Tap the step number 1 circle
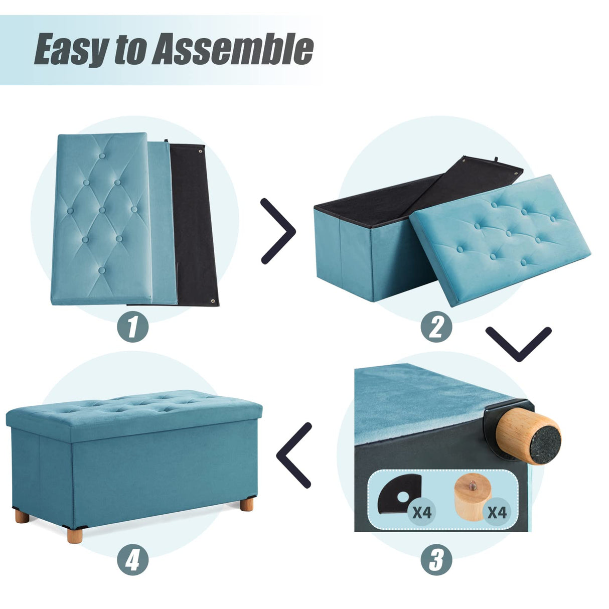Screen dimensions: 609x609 pos(133,327)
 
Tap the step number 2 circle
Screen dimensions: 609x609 pos(436,327)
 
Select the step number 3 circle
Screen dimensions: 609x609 pos(436,559)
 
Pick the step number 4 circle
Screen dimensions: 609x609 pos(133,559)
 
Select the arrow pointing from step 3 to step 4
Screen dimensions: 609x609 pos(294,455)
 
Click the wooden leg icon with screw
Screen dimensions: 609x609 pos(470,499)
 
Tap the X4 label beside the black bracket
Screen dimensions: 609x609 pos(422,512)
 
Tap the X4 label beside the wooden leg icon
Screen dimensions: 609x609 pos(497,512)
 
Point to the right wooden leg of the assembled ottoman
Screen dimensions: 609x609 pos(246,504)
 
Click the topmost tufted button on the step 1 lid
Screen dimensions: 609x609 pos(102,156)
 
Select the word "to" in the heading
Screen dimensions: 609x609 pos(129,50)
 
